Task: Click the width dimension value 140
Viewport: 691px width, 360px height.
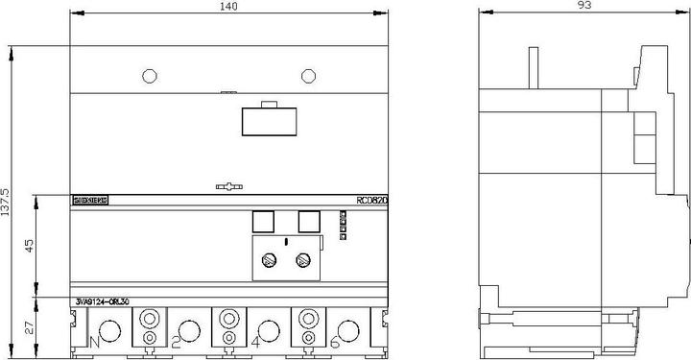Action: tap(228, 7)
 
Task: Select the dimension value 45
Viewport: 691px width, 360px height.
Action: tap(28, 247)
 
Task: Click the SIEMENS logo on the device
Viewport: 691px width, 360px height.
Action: tap(91, 201)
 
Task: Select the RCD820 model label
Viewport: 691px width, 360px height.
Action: tap(371, 201)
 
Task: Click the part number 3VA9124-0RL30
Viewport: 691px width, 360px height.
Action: tap(103, 303)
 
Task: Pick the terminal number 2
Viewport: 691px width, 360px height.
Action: tap(177, 341)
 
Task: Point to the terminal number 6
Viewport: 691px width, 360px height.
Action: tap(334, 341)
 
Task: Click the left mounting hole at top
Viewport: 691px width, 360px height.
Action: tap(148, 75)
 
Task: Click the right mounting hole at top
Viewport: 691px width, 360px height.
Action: tap(307, 75)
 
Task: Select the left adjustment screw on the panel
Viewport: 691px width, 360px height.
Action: tap(272, 259)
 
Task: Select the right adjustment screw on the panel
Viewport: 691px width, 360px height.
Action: tap(303, 259)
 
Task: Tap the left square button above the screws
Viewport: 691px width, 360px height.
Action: tap(263, 222)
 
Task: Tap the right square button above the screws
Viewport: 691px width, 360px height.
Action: tap(308, 222)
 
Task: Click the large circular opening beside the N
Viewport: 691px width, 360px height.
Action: tap(109, 332)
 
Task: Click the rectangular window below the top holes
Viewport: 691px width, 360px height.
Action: tap(269, 121)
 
